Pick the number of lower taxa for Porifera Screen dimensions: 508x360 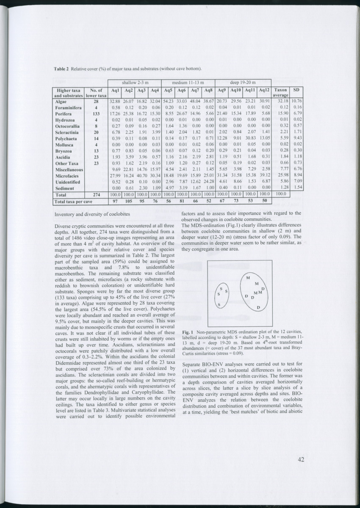[96, 114]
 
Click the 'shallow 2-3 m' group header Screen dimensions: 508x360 [135, 82]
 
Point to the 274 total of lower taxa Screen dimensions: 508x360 [96, 194]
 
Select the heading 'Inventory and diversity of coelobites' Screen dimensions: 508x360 [89, 215]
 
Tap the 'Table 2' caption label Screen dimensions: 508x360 [62, 69]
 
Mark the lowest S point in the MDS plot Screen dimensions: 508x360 [219, 305]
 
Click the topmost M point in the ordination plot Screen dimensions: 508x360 [247, 278]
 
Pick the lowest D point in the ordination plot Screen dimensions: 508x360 [258, 308]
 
